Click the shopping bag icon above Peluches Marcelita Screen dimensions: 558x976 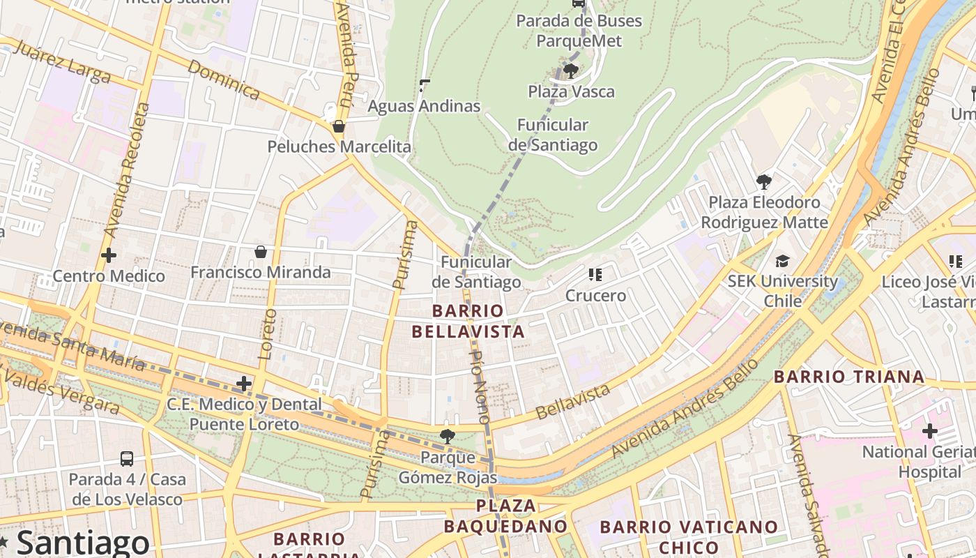pos(338,126)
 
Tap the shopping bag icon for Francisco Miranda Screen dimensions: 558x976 pos(261,252)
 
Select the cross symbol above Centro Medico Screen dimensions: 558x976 pos(109,255)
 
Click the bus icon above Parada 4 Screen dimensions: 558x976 pos(127,458)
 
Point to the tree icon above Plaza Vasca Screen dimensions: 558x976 pos(570,70)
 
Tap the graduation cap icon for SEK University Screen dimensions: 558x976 pos(782,261)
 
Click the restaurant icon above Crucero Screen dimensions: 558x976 pos(595,275)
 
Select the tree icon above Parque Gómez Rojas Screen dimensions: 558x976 pos(447,437)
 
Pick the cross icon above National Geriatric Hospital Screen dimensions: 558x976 pos(929,431)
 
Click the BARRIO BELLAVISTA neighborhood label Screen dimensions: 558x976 pos(468,321)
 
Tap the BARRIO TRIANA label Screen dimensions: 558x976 pos(849,377)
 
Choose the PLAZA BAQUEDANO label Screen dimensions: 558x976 pos(506,515)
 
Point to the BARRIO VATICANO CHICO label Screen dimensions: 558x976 pos(689,536)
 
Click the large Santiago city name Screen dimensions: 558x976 pos(82,543)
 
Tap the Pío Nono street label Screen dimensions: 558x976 pos(480,387)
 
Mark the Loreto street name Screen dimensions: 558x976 pos(267,333)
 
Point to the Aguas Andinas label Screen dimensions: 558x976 pos(424,106)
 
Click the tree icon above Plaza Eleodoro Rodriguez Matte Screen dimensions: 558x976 pos(764,182)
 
